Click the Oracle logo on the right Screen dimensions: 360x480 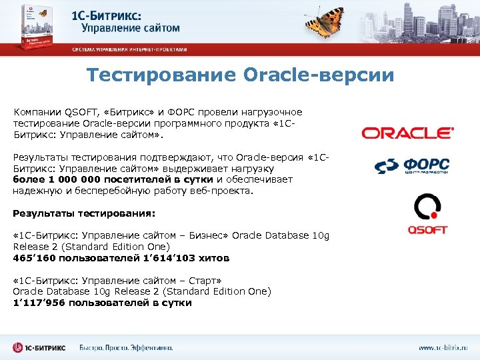pos(407,133)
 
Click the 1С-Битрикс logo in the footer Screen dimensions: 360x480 pos(41,347)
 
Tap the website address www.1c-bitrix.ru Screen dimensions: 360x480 pos(443,348)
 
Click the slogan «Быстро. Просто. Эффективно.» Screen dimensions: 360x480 pos(126,348)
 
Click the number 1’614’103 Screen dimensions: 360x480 pos(169,257)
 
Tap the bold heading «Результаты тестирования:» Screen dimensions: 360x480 pos(84,213)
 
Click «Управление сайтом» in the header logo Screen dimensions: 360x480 pos(131,29)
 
